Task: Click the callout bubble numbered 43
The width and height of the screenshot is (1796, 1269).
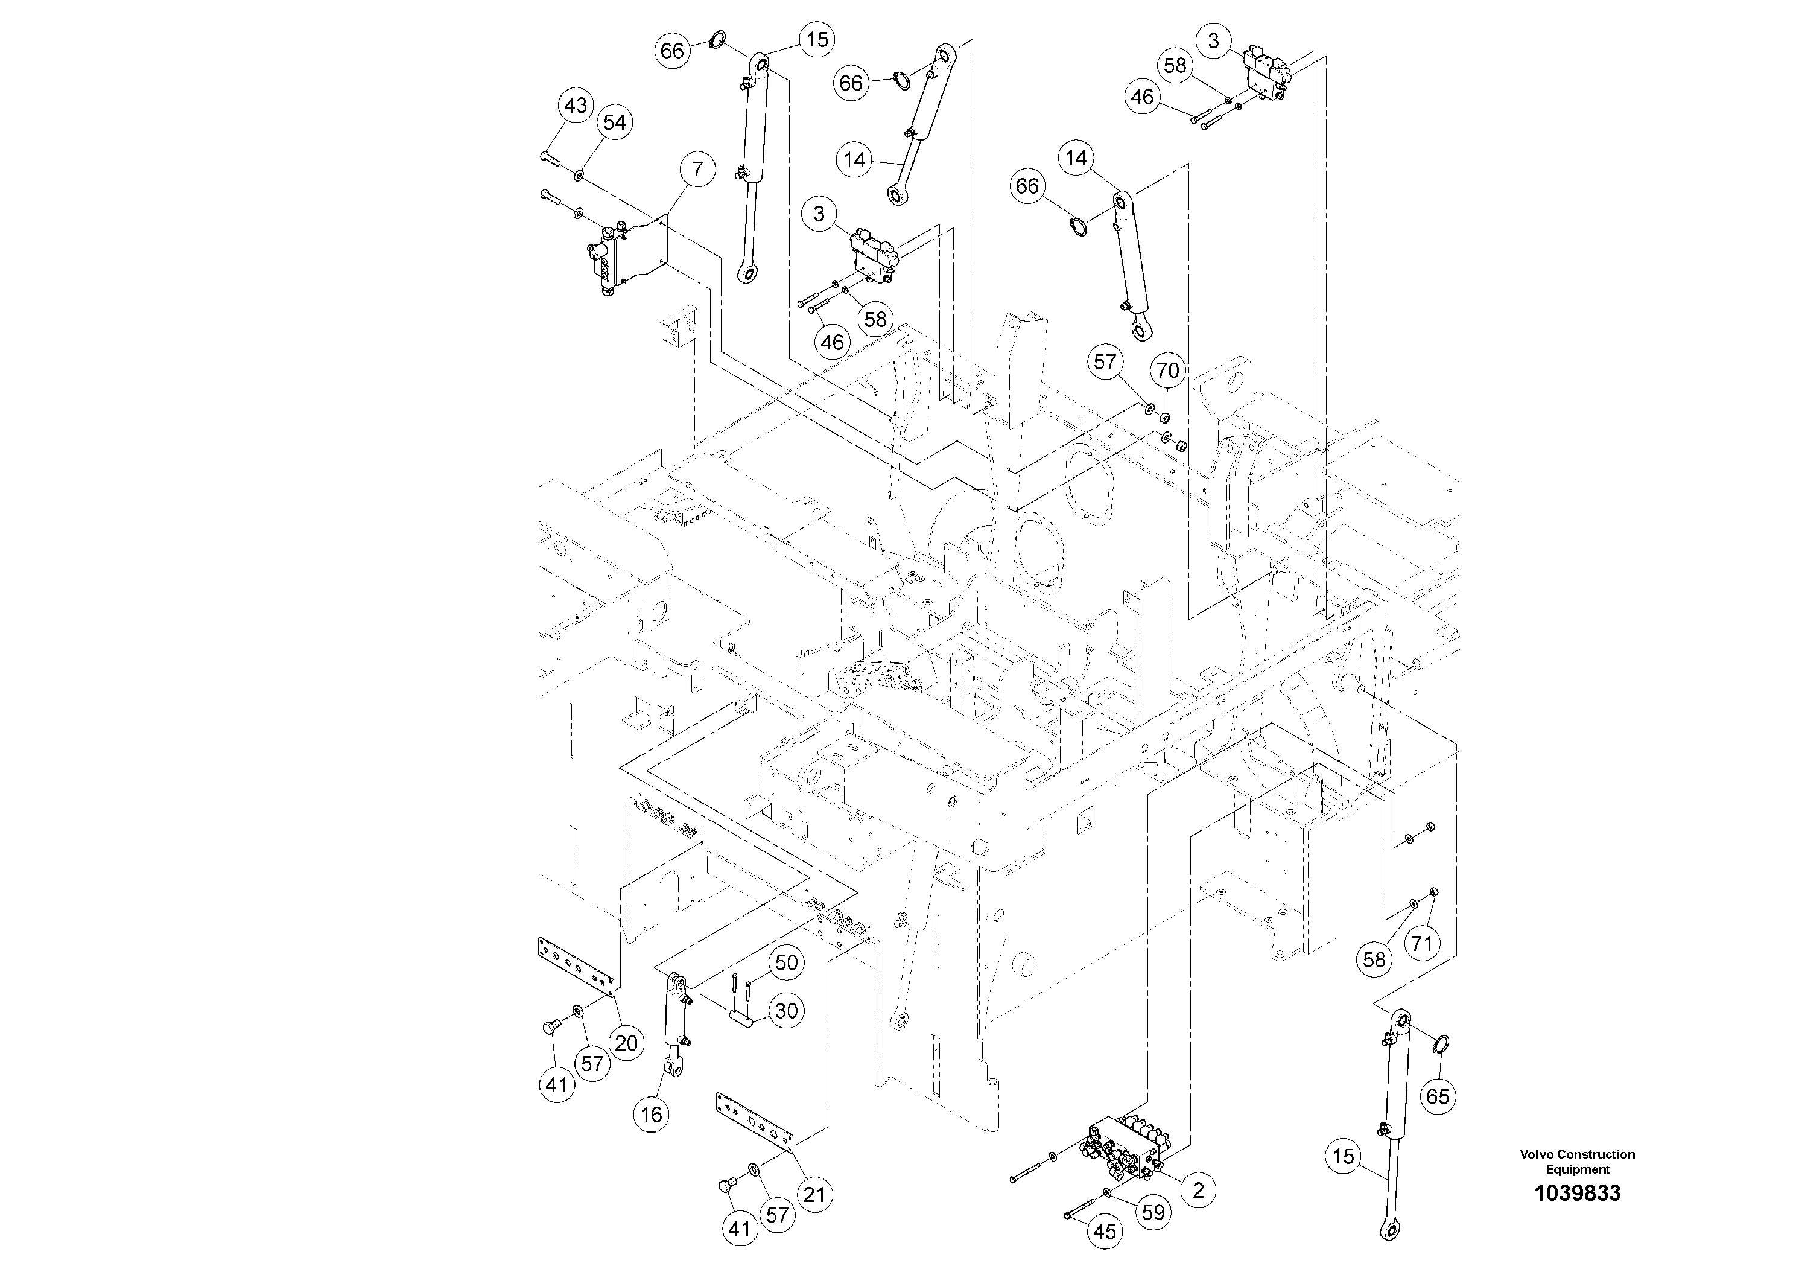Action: click(576, 106)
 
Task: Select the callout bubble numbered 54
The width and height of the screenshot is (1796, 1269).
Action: click(614, 123)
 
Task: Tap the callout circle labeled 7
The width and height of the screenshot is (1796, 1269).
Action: click(697, 170)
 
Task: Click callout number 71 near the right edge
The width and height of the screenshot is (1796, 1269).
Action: click(1421, 944)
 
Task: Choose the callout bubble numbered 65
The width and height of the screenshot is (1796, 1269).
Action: click(1438, 1097)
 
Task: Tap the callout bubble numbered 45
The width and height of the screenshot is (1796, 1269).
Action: click(1104, 1232)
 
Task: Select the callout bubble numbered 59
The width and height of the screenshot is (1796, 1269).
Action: click(1153, 1213)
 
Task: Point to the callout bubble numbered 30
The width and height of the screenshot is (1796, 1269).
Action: click(785, 1011)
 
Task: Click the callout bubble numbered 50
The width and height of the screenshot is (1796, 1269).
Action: click(785, 963)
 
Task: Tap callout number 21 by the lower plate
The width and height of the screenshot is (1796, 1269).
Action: click(814, 1195)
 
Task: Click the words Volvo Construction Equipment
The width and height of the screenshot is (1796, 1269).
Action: click(1577, 1162)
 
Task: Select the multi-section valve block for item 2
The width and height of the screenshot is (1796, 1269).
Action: click(1126, 1150)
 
